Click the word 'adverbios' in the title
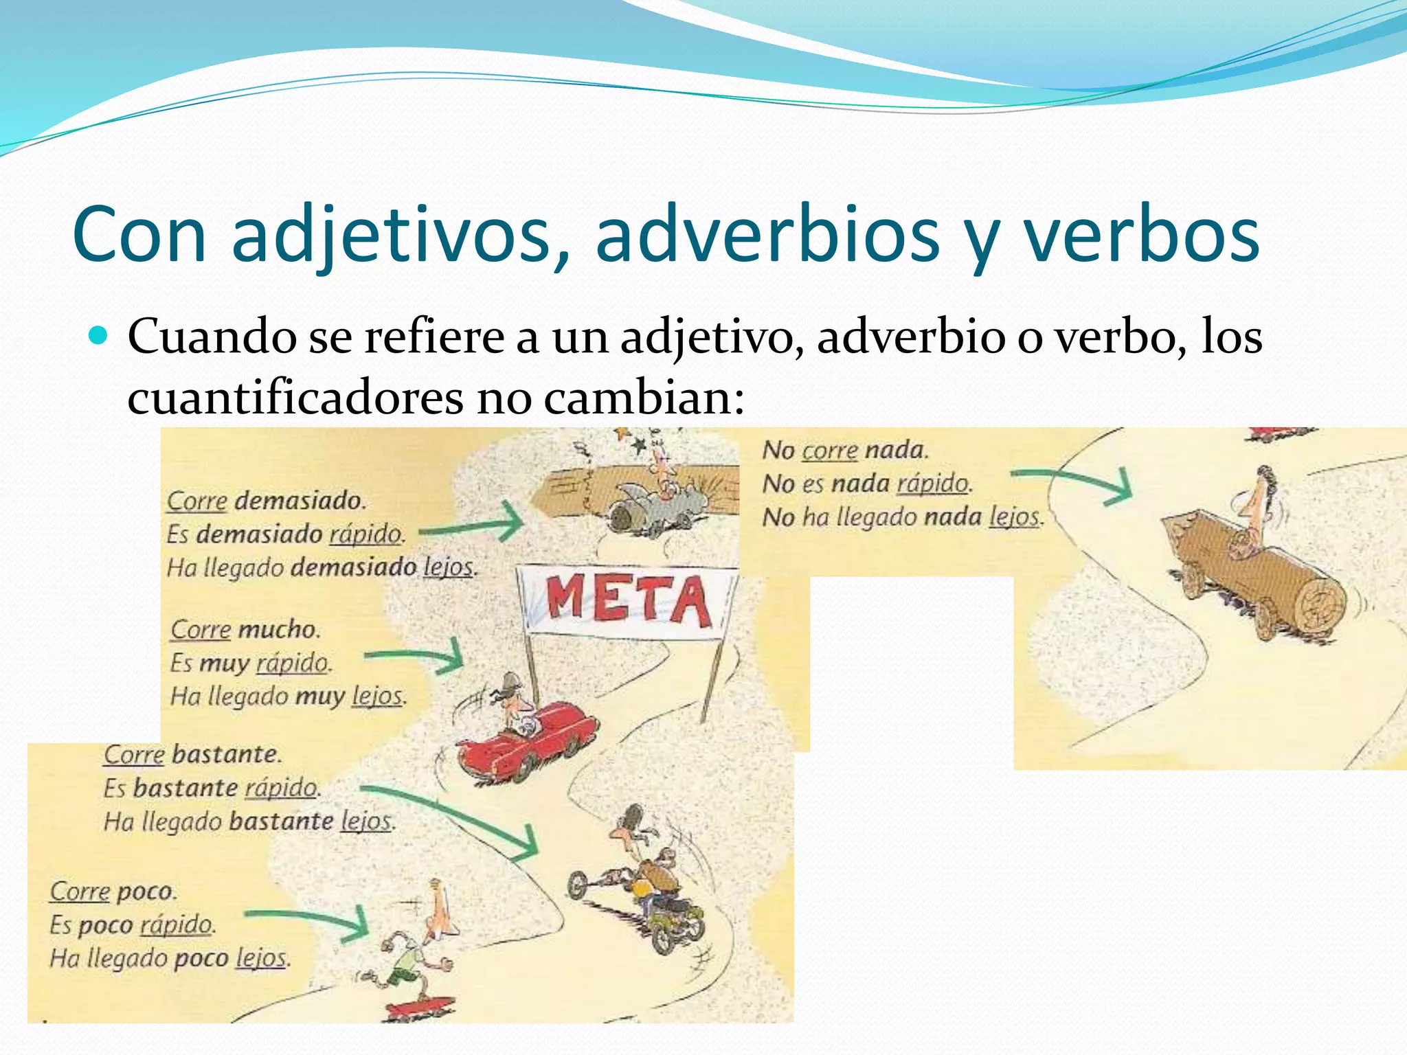click(x=767, y=235)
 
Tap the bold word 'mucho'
click(x=278, y=629)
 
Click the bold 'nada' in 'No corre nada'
click(x=896, y=450)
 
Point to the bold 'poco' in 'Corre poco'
click(x=145, y=892)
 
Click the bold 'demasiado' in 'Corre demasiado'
click(x=298, y=501)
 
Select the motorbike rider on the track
click(x=646, y=886)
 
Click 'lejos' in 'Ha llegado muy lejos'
click(x=377, y=696)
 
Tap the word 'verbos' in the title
click(x=1141, y=235)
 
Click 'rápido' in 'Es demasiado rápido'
click(x=365, y=534)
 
